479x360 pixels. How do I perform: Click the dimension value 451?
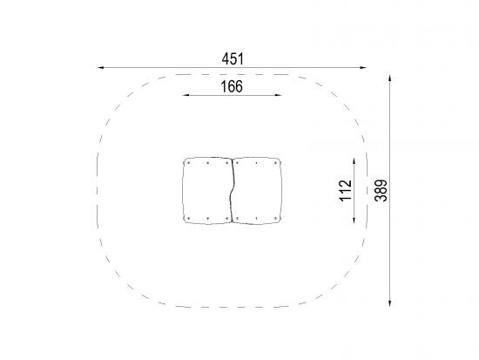(x=233, y=59)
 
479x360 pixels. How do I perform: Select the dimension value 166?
(x=232, y=86)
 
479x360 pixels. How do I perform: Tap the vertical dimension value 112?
(x=346, y=191)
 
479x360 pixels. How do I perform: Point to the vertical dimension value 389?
(x=381, y=190)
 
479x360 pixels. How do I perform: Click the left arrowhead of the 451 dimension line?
(x=101, y=68)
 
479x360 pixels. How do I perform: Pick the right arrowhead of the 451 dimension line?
(x=363, y=68)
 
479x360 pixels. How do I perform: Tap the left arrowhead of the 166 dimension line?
(x=186, y=95)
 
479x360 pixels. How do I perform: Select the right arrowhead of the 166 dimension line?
(x=278, y=95)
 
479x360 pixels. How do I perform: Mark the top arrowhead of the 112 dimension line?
(x=354, y=161)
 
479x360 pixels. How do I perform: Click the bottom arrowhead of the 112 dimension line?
(x=354, y=220)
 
